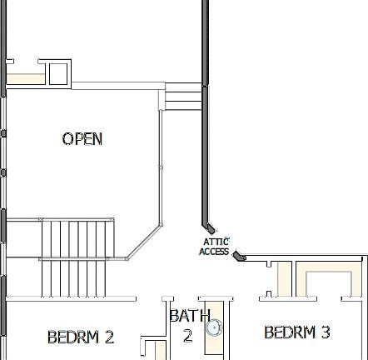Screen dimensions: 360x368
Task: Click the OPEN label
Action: tap(82, 138)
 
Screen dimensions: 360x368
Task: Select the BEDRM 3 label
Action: tap(296, 332)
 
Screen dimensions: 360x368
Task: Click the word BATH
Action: tap(189, 316)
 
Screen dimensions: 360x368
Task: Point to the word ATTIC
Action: tap(214, 242)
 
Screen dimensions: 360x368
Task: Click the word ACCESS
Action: tap(214, 252)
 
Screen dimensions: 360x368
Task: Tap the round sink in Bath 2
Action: tap(215, 328)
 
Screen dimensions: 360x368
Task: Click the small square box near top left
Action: tap(58, 73)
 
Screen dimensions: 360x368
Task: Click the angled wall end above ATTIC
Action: tap(209, 225)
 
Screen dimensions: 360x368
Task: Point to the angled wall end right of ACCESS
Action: tap(238, 256)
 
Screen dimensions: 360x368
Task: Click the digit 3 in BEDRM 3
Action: tap(325, 332)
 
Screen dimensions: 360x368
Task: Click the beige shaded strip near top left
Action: tap(25, 78)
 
